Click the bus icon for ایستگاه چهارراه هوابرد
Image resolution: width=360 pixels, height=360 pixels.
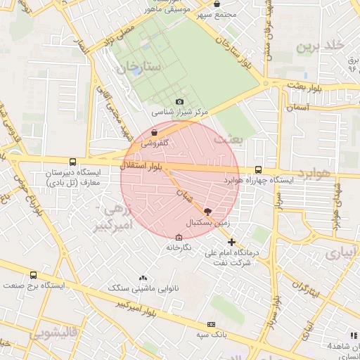point(258,169)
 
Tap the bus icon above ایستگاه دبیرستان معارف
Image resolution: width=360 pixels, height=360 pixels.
point(73,162)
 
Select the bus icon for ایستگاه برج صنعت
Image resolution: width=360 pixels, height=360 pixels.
point(33,276)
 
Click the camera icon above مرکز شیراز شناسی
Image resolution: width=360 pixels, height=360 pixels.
point(179,102)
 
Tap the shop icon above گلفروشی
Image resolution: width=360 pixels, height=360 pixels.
point(154,131)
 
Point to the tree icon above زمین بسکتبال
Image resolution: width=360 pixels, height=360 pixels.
point(207,210)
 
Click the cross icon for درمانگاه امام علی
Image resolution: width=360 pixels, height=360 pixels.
point(231,242)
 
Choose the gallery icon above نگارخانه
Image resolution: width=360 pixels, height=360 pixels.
point(179,238)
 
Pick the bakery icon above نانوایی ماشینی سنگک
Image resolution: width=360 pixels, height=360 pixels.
point(143,278)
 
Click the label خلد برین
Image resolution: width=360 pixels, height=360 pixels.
point(321,47)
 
